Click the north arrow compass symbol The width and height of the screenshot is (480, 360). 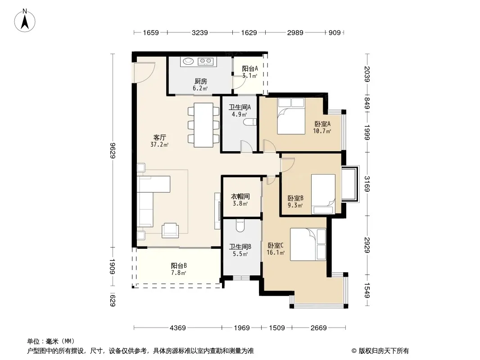[x=25, y=21]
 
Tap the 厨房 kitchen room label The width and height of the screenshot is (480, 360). [x=201, y=81]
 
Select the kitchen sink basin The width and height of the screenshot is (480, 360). [x=189, y=62]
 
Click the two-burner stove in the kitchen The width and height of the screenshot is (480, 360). [x=205, y=62]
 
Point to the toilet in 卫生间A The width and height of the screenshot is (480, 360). [x=250, y=122]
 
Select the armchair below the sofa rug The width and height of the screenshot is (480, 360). [x=170, y=230]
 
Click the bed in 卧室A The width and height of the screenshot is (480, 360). [x=291, y=116]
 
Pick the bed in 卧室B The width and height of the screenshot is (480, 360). [x=323, y=194]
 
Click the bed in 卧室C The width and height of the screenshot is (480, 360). [x=308, y=244]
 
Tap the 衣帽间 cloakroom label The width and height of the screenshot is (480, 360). [x=240, y=196]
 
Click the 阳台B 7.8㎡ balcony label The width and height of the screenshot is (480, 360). [x=179, y=269]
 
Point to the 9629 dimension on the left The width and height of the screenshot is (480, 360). [x=113, y=150]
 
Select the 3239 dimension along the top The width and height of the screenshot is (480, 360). [x=200, y=32]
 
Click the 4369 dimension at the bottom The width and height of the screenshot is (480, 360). [x=177, y=328]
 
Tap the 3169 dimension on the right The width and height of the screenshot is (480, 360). [x=367, y=184]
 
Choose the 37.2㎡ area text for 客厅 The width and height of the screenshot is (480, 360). [x=159, y=144]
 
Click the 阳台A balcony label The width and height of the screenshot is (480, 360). [x=250, y=68]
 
